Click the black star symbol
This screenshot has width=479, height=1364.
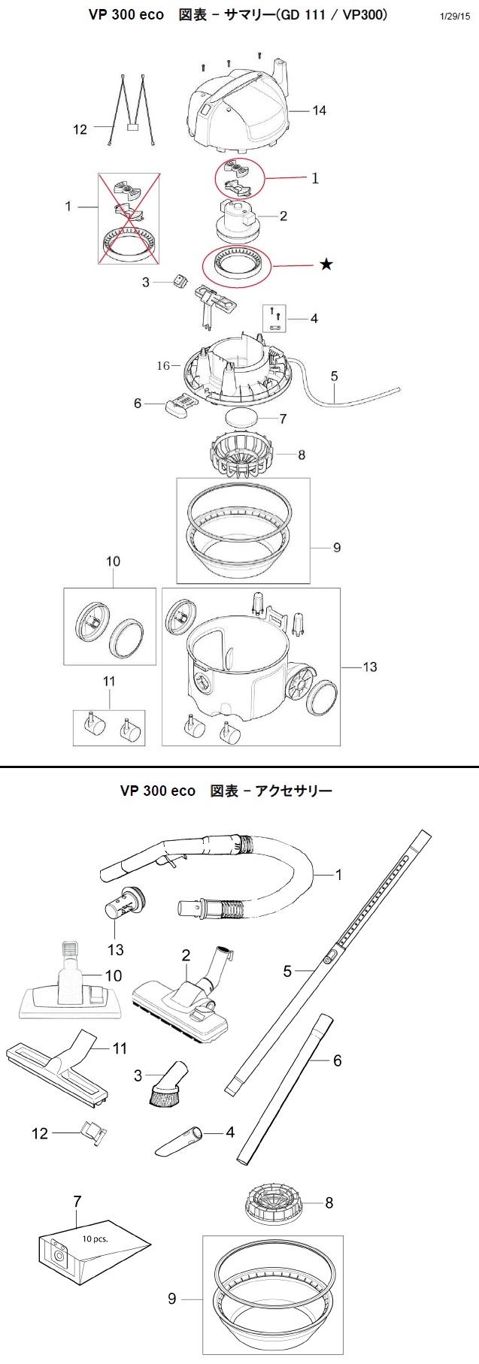(x=326, y=265)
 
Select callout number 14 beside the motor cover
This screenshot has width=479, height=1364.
(x=320, y=110)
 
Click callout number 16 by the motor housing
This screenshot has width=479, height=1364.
(x=163, y=365)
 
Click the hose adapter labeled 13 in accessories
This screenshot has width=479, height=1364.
(x=123, y=903)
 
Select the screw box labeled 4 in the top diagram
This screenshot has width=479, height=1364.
(x=275, y=318)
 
